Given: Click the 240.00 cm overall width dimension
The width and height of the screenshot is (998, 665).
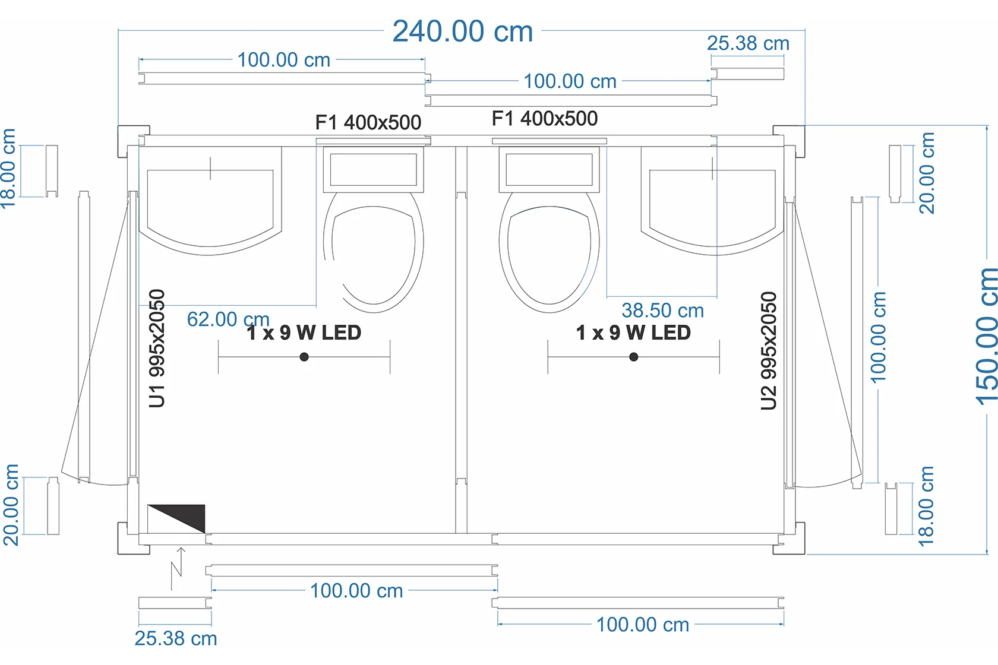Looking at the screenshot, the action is [462, 31].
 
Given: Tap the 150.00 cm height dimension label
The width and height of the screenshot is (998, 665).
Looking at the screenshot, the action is [985, 337].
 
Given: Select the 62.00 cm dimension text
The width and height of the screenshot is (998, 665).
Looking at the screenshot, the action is [228, 319].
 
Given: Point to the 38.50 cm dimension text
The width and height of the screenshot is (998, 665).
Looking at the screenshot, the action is [662, 311].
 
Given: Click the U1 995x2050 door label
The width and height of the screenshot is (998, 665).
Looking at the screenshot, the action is [157, 349].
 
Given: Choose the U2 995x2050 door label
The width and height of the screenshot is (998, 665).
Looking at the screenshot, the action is [769, 350].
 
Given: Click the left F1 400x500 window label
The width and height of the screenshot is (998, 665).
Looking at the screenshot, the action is [368, 122].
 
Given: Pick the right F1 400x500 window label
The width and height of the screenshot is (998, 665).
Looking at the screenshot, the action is [544, 119].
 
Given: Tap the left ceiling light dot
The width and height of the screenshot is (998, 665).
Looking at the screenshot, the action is [304, 357].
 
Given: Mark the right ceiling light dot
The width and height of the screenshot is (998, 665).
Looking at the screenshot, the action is [633, 357].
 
